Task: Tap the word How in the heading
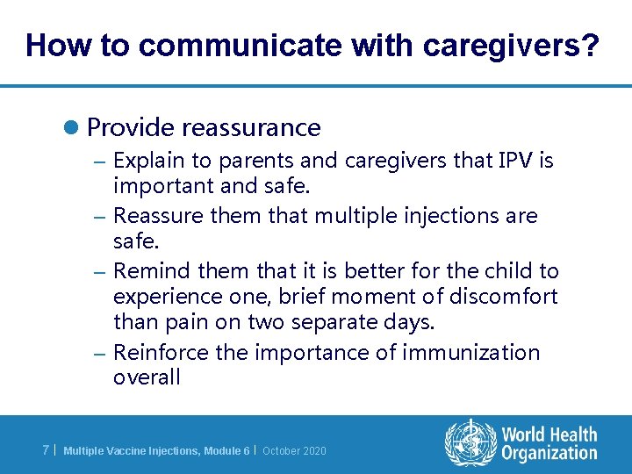(54, 46)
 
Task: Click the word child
(513, 271)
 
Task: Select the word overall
(147, 378)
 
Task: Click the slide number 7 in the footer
(46, 450)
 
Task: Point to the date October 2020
(294, 451)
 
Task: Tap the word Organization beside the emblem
(549, 453)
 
